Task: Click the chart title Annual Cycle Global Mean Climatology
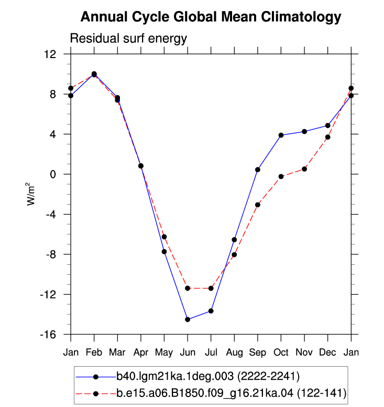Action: pos(211,17)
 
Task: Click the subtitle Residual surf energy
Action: pos(128,38)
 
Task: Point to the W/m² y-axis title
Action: pos(30,194)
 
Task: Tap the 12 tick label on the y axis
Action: pos(50,54)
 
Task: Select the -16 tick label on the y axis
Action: pos(48,334)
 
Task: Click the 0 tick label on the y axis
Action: pos(53,174)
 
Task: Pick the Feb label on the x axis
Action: pos(94,353)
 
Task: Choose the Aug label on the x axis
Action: pos(234,353)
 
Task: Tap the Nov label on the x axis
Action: pos(304,353)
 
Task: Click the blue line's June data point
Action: pos(188,320)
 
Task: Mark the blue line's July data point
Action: pos(211,311)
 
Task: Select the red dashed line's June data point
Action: pos(188,288)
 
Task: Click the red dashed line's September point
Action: pos(258,205)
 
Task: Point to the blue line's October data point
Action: pos(281,135)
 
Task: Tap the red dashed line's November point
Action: pos(304,169)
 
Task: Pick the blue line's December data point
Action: pos(328,126)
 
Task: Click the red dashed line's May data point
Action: pos(164,237)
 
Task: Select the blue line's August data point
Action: pos(234,240)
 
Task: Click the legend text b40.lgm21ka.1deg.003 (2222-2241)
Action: pos(208,376)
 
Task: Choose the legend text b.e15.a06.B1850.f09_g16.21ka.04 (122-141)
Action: pos(232,393)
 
